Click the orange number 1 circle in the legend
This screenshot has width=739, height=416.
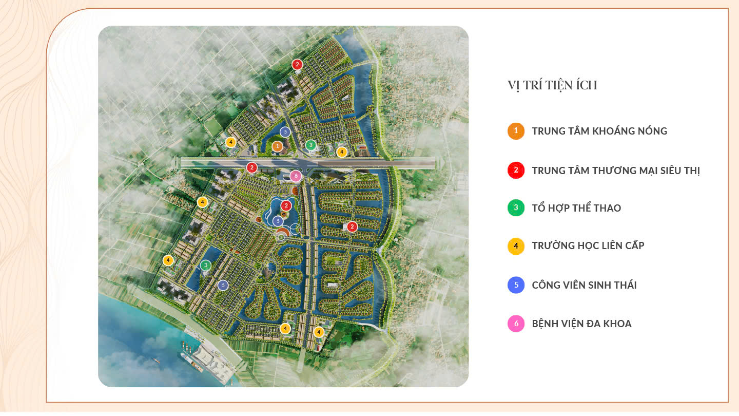point(516,131)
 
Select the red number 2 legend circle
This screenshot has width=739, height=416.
point(516,170)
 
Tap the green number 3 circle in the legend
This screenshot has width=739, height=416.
point(516,208)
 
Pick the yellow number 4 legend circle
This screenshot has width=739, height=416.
point(516,246)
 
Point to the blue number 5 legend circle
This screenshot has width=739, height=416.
point(516,285)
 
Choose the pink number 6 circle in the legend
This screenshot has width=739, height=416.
point(516,324)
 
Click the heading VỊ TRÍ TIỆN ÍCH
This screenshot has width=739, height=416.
point(552,85)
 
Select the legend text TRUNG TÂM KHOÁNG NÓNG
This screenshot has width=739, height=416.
point(599,131)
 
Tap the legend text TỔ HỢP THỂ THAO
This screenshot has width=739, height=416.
point(576,208)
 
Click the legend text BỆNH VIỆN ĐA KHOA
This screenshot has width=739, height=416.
point(581,324)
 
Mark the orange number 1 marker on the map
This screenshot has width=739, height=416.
point(278,146)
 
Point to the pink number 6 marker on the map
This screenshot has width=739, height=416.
point(295,176)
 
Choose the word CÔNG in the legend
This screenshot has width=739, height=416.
point(546,285)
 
